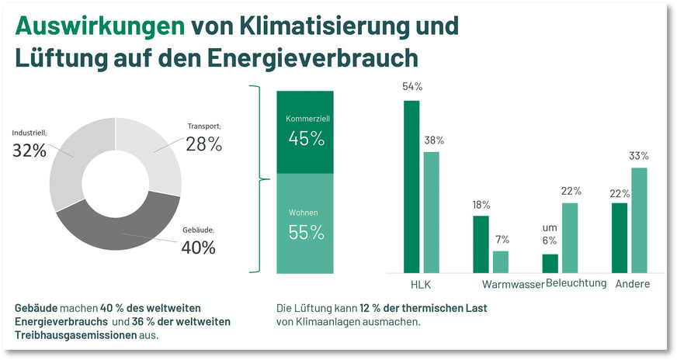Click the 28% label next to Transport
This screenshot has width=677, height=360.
(x=203, y=144)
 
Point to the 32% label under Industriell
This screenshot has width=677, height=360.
(x=30, y=151)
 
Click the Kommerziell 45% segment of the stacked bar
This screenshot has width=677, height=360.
(x=305, y=132)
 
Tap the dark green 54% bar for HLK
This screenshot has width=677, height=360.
(x=411, y=186)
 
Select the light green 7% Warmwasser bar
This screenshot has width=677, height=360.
(x=501, y=261)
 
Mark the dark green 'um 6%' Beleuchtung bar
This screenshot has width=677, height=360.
(x=550, y=263)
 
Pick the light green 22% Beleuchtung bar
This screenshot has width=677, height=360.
(x=570, y=237)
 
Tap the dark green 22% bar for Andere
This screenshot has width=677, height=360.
(x=620, y=237)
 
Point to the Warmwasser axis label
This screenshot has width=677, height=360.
(x=512, y=285)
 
